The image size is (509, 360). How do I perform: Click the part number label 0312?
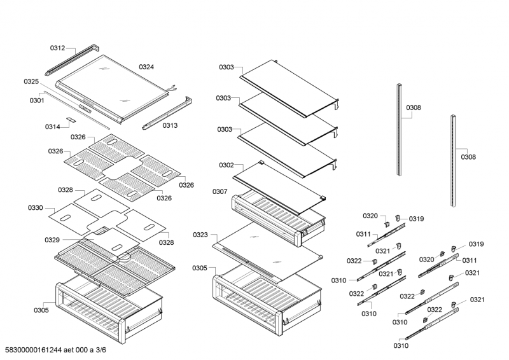tap(57, 48)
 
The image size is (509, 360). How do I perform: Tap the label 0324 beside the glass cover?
tap(146, 67)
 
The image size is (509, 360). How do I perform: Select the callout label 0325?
tap(31, 81)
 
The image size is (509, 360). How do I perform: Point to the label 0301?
tap(37, 100)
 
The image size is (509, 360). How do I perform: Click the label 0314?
tap(52, 127)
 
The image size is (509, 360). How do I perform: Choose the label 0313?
tap(170, 125)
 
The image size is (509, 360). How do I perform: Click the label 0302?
tap(227, 165)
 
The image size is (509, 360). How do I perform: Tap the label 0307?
tap(220, 191)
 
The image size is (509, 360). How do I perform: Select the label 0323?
tap(200, 235)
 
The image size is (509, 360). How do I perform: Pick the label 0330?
tap(36, 208)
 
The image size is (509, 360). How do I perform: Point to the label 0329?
tap(52, 240)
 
